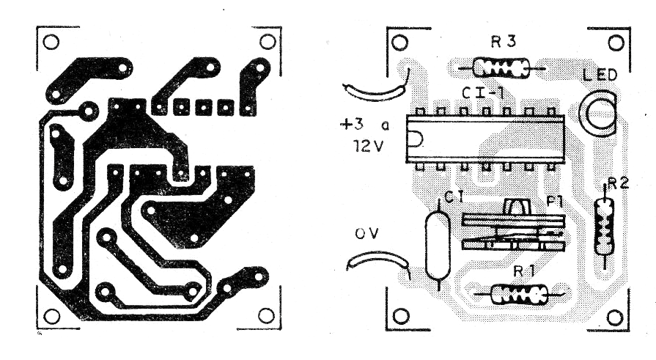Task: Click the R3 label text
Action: click(504, 42)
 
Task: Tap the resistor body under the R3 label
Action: click(501, 67)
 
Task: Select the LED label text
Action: click(600, 75)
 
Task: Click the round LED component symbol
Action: click(597, 114)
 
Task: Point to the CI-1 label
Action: click(482, 92)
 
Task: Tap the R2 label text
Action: click(619, 183)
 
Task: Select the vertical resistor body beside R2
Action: click(604, 226)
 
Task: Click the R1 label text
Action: click(524, 271)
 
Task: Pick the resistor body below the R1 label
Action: click(519, 294)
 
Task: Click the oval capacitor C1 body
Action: click(438, 245)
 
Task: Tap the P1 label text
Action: click(555, 202)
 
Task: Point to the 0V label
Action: click(367, 234)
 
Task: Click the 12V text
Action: click(367, 146)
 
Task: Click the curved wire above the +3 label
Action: click(375, 91)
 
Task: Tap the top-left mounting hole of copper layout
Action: click(51, 42)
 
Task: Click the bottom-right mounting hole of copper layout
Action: click(267, 315)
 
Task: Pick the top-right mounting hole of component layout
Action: click(616, 43)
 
